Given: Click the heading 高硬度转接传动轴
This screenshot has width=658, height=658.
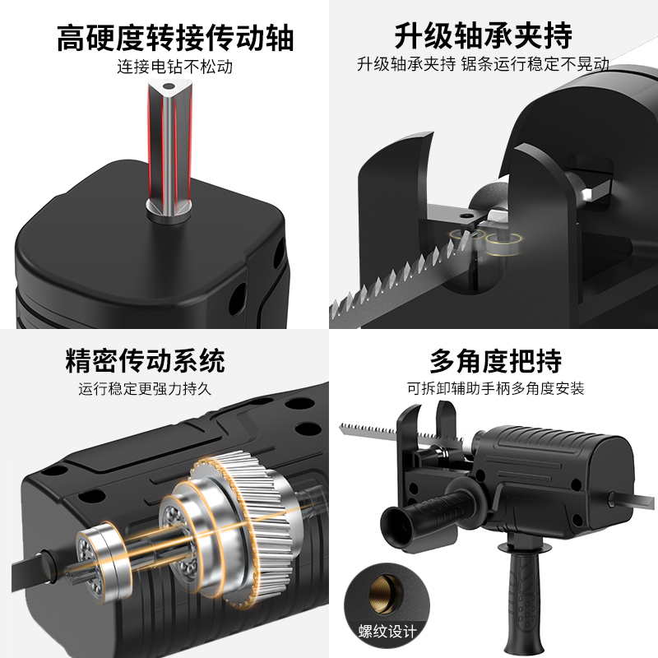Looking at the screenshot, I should point(175,38).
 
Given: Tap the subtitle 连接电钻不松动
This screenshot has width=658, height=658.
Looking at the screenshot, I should point(175,67).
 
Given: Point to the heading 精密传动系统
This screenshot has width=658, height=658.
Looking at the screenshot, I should point(145,360).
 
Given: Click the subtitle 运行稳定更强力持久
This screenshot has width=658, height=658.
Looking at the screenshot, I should point(145,388).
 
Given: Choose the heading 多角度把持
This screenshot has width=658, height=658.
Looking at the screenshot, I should point(495,360).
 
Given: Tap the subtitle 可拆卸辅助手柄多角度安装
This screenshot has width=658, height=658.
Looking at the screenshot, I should point(495,388).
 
